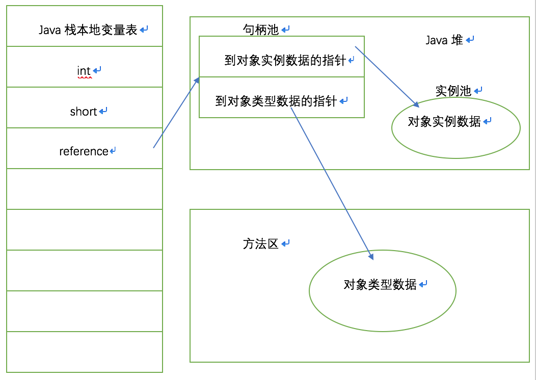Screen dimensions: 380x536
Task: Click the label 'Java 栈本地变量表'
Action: pos(88,30)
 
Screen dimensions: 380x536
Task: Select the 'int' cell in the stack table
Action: pos(84,71)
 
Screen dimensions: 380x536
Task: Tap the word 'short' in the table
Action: pos(84,112)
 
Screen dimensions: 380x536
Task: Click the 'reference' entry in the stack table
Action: pos(84,151)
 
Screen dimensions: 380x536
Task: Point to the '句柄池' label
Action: pos(260,30)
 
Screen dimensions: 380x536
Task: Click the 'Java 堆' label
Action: pos(444,40)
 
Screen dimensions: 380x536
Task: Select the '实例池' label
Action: pos(453,91)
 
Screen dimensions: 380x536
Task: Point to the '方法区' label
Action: pos(260,244)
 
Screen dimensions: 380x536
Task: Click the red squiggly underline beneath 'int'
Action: pos(84,77)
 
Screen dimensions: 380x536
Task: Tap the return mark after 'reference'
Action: pos(113,151)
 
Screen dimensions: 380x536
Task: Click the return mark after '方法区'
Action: pos(285,244)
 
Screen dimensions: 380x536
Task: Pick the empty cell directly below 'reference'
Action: pos(84,188)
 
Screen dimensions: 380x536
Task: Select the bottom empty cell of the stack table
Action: pos(84,351)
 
